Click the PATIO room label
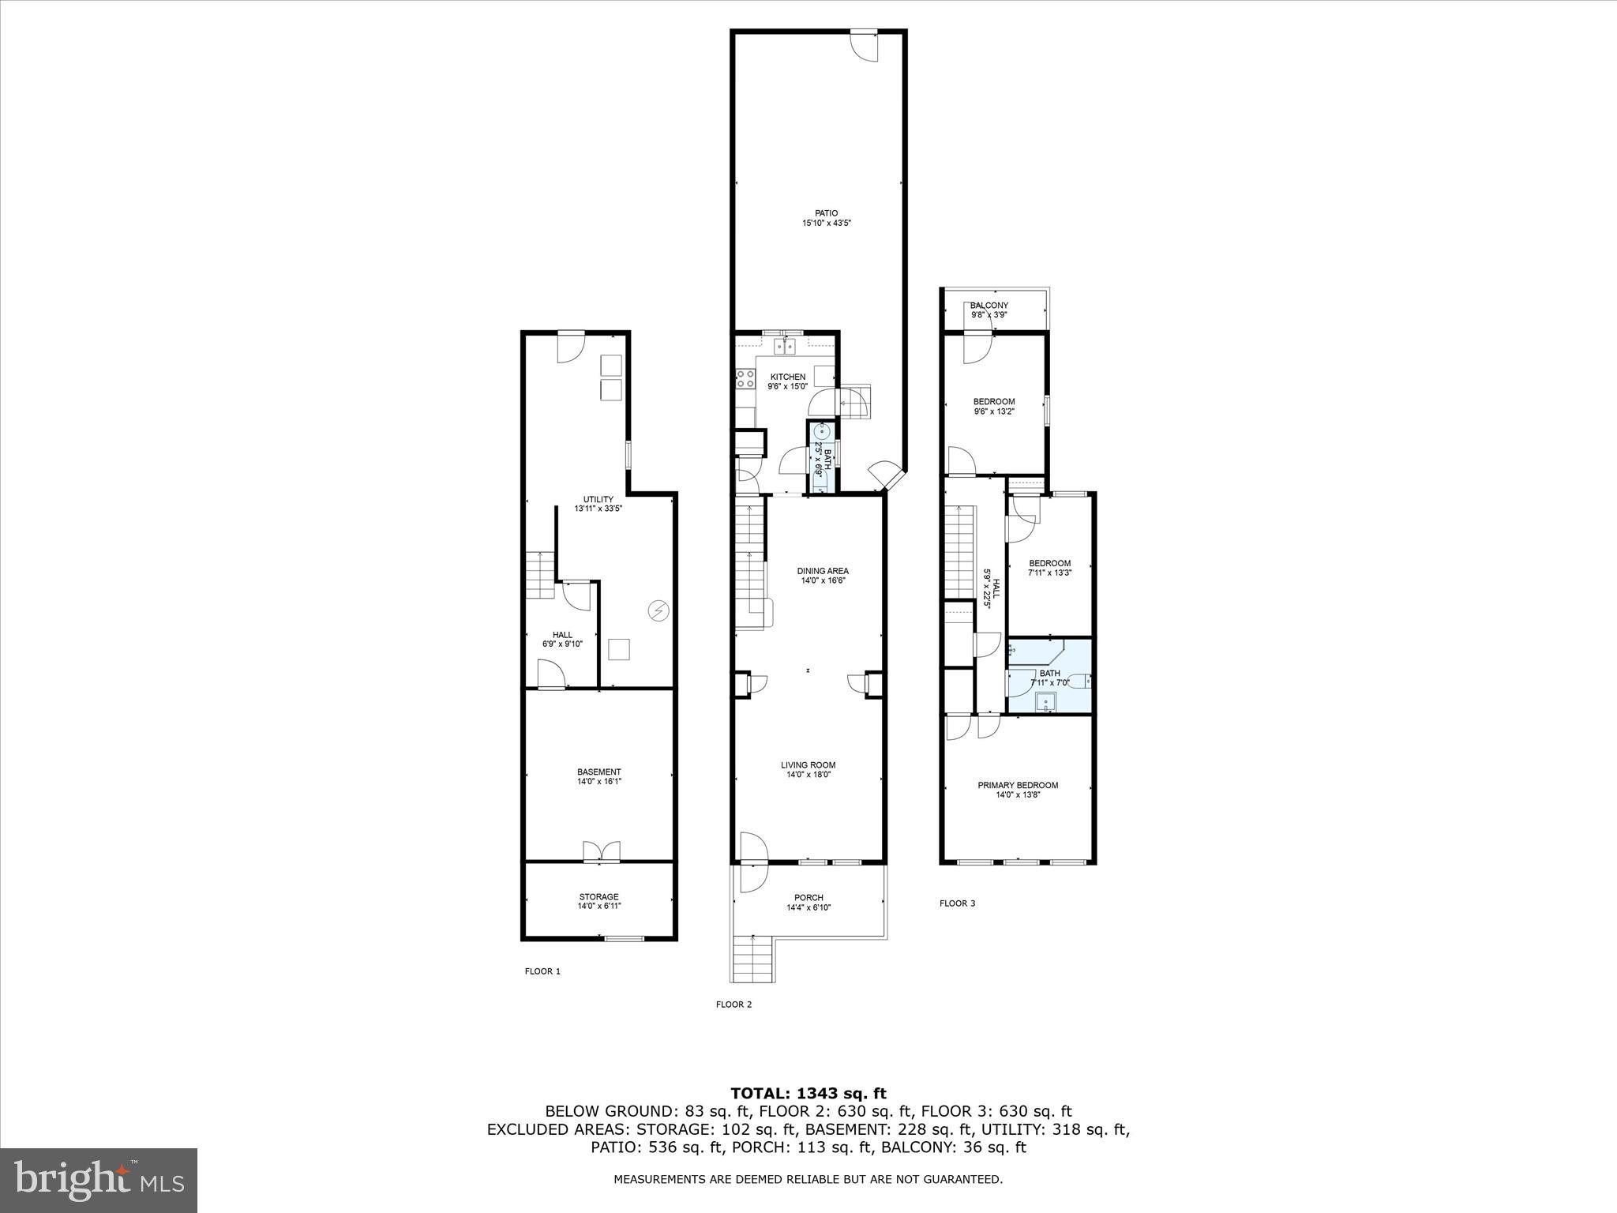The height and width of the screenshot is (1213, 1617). (827, 213)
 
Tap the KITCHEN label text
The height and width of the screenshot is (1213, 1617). (788, 377)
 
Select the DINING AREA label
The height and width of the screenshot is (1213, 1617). (823, 571)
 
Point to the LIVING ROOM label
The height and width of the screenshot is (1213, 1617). (808, 764)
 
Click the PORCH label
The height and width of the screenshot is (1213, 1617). (808, 897)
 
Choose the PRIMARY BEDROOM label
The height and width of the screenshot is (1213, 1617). (1018, 785)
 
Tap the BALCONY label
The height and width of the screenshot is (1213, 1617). (989, 306)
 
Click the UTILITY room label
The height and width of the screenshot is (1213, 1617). (598, 499)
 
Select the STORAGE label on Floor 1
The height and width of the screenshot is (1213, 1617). (599, 896)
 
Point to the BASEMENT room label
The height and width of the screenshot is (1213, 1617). (599, 772)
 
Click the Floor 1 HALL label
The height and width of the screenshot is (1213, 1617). (562, 634)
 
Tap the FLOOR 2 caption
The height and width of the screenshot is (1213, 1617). (734, 1005)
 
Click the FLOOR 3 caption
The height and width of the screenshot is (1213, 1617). (957, 903)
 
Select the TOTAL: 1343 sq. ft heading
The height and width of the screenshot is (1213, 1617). (808, 1094)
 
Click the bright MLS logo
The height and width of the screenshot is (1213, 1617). (99, 1181)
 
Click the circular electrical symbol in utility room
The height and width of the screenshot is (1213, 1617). (658, 610)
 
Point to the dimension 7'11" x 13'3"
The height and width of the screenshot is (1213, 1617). (1050, 573)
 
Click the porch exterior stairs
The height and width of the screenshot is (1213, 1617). (752, 958)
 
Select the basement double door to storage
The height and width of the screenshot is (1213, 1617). (602, 851)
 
